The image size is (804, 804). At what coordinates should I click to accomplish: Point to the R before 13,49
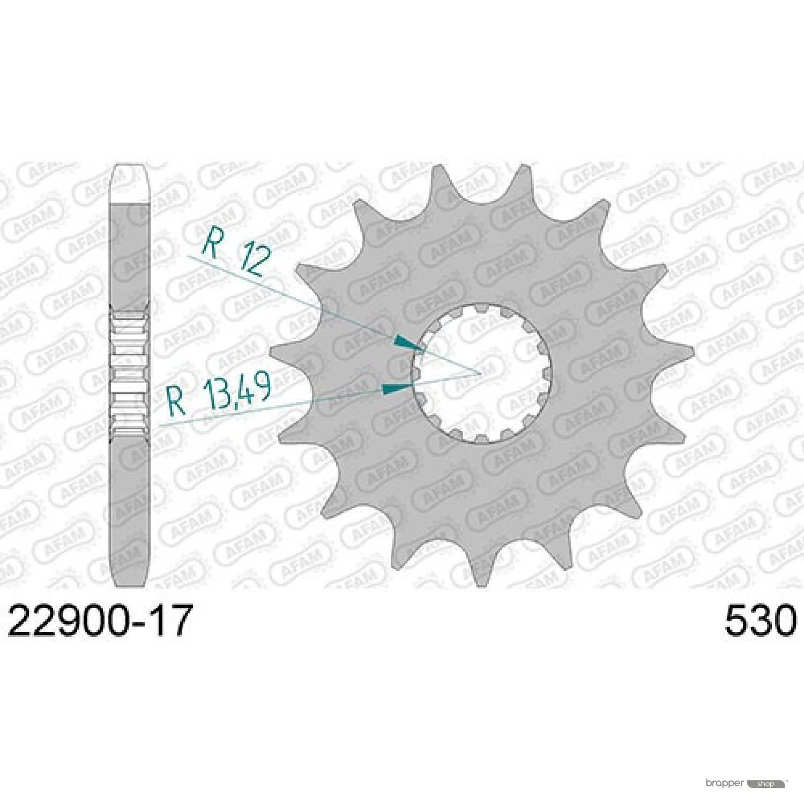[x=177, y=401]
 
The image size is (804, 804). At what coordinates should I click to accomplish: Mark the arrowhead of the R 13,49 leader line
[x=397, y=389]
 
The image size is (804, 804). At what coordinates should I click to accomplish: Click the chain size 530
[x=761, y=621]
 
